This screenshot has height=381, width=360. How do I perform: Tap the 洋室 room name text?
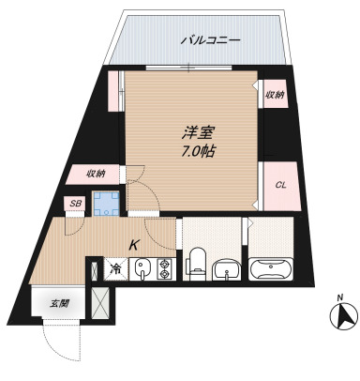coord(194,134)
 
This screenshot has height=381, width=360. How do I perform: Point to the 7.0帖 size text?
coord(195,151)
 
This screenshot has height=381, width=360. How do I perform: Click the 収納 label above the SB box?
coord(97,174)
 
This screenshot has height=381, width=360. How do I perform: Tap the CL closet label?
coord(279,184)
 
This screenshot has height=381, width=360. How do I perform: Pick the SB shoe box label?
coord(74,204)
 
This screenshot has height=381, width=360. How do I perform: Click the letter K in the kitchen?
coord(134,246)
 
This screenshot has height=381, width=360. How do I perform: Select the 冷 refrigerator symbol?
coord(116,268)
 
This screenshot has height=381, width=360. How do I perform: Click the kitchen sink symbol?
coord(142,270)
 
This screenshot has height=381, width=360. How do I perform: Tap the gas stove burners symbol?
coord(165,270)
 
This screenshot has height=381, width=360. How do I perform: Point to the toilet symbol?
coord(198,262)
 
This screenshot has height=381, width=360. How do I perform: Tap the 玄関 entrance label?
coord(60,303)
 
